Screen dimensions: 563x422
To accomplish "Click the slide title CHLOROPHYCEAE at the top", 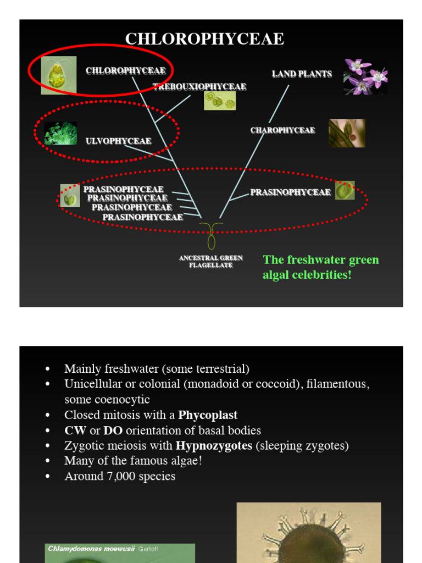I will (204, 39).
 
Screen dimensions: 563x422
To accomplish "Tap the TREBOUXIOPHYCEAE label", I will (199, 87).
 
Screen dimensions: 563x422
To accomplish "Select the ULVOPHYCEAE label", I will (118, 141).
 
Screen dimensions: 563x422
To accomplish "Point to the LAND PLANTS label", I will (302, 74).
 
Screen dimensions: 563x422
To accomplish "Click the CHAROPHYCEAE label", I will (282, 130).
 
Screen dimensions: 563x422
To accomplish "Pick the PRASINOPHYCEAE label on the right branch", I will (290, 192).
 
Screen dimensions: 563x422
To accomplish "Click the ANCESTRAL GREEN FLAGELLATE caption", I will (211, 262).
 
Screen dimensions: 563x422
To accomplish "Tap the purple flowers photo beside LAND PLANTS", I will (365, 76).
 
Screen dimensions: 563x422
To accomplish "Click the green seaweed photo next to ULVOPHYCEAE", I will (60, 133).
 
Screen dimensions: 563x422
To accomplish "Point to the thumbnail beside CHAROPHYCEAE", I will (347, 133).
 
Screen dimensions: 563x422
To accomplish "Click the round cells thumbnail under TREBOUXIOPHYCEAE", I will (220, 101).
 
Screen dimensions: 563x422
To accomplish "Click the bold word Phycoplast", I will (208, 415).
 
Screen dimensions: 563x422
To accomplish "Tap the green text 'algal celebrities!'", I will (307, 275).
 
